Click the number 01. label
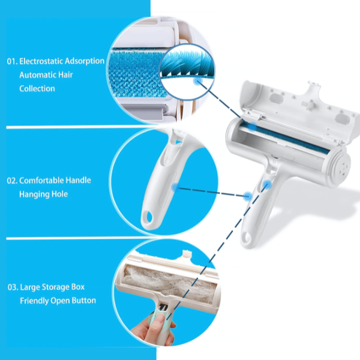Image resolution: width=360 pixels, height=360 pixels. tap(12, 61)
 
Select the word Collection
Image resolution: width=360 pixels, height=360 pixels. tap(37, 89)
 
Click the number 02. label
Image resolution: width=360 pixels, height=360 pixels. tap(12, 180)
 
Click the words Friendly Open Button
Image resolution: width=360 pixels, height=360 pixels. tap(58, 300)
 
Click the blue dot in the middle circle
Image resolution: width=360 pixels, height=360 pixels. tap(175, 187)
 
